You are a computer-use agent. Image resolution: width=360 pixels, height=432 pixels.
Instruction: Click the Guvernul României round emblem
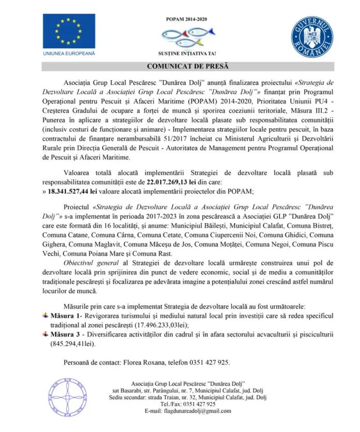click(x=311, y=36)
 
